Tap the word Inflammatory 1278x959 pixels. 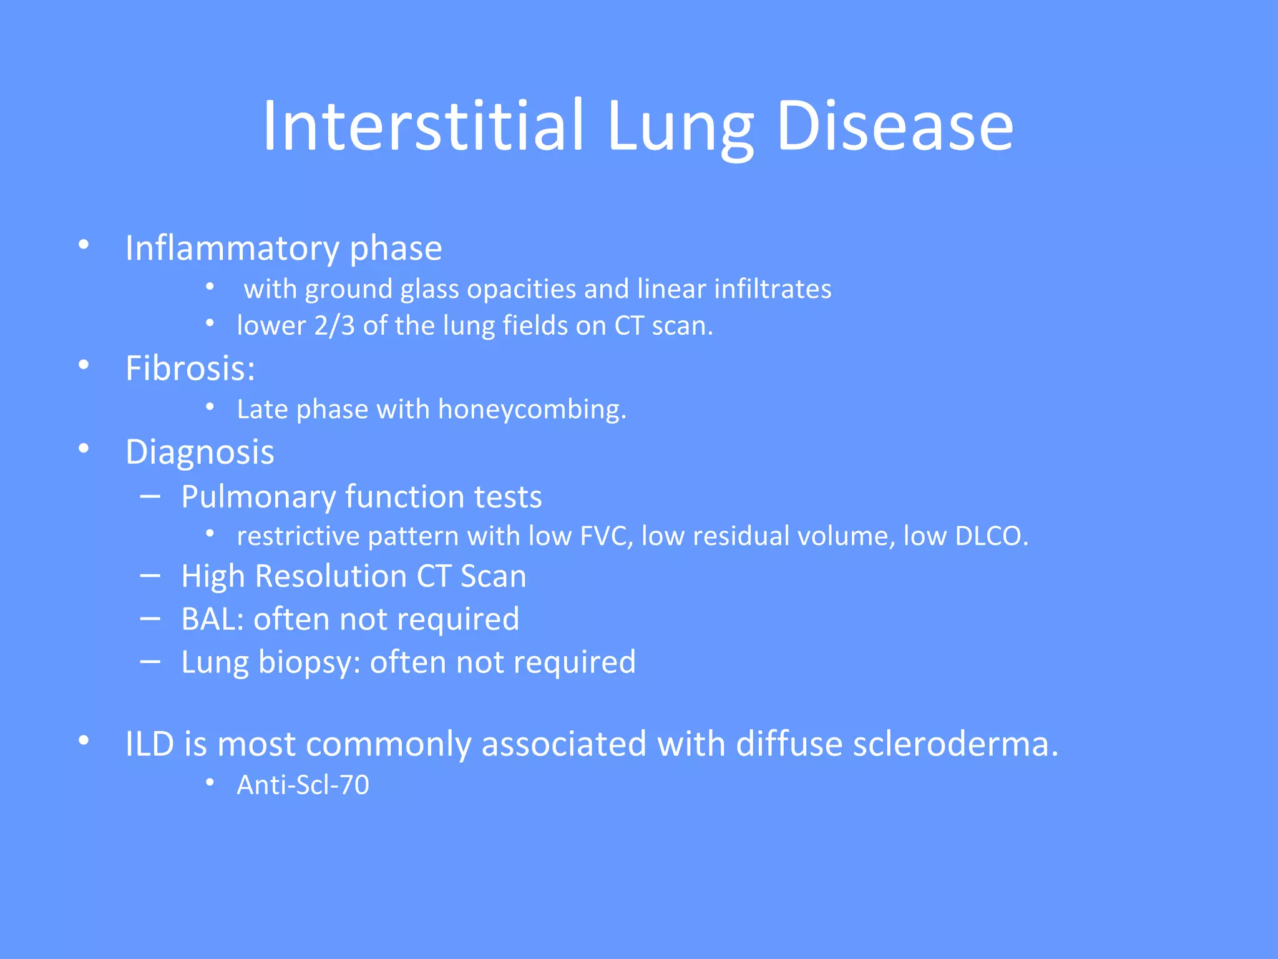pos(232,248)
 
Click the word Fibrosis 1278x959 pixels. pos(187,368)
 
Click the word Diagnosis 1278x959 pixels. pos(200,452)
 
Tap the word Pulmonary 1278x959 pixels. pos(258,497)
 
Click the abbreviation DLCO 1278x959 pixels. pos(991,536)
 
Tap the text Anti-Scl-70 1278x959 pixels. pos(303,785)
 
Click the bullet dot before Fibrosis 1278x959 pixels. pos(84,365)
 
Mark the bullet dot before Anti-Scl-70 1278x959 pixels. pos(210,782)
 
